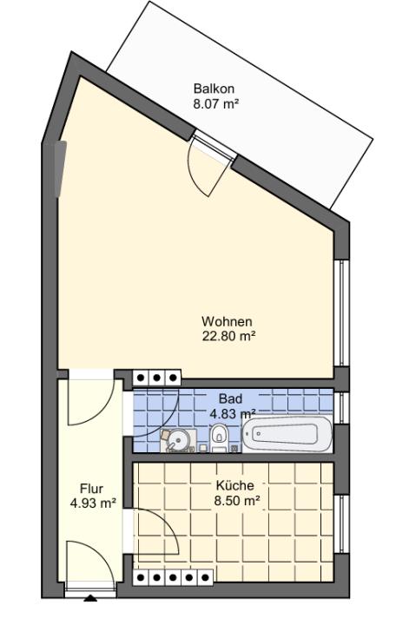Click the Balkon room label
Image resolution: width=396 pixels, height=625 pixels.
coord(214,88)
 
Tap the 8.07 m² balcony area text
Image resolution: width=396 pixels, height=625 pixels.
coord(215,104)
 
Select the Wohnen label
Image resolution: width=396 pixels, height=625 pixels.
coord(227,321)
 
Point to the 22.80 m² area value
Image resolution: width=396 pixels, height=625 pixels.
coord(228,337)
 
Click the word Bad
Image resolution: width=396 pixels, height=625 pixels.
coord(230,398)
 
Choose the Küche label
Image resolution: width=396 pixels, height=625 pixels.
coord(234,485)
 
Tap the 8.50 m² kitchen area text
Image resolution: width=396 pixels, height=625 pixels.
coord(237,500)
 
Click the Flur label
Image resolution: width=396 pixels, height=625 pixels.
coord(91,488)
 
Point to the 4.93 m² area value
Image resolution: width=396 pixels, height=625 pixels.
coord(93,503)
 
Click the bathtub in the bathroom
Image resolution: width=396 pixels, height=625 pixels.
coord(287,434)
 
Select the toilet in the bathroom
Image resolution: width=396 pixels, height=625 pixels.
coord(218,437)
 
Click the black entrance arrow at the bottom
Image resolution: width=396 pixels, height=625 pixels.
coord(91,598)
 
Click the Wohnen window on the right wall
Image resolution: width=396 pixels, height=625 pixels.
coord(342,312)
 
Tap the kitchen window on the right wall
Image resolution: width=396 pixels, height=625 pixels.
coord(342,524)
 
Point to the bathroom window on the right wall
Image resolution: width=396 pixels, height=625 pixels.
coord(342,408)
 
